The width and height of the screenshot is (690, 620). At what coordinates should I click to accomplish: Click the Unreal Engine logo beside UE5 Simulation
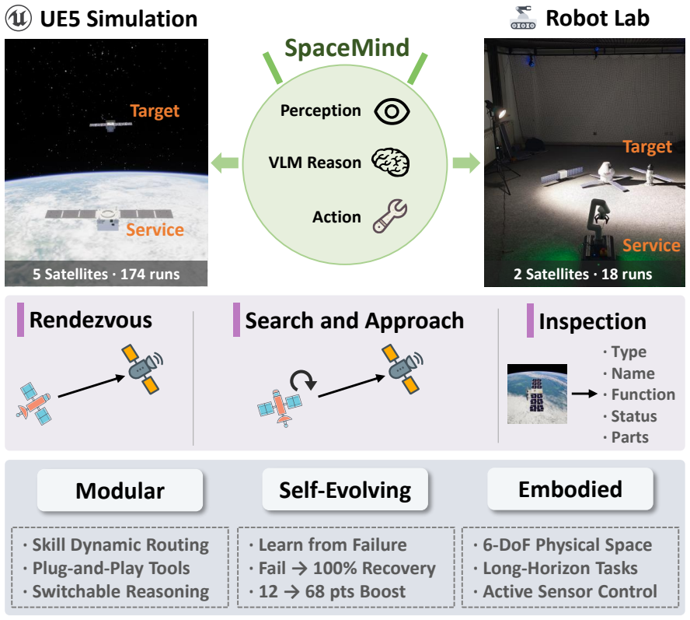click(19, 18)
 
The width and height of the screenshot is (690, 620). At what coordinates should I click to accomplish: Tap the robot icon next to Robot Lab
click(523, 18)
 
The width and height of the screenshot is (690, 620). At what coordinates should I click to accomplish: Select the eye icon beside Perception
click(392, 111)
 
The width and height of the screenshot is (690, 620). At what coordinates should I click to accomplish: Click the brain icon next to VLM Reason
click(390, 163)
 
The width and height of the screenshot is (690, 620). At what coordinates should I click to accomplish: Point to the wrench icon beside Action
click(390, 215)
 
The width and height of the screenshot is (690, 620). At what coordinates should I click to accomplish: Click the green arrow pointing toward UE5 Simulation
click(225, 163)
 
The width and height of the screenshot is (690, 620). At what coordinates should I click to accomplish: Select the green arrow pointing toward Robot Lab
click(466, 163)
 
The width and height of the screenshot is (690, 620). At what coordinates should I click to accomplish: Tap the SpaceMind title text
click(347, 47)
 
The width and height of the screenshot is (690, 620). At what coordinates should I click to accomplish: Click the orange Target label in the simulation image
click(155, 111)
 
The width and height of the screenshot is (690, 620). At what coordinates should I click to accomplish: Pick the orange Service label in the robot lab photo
click(651, 246)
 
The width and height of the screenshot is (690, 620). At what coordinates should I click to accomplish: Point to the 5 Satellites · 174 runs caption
click(106, 274)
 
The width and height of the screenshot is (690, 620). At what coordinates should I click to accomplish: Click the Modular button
click(120, 490)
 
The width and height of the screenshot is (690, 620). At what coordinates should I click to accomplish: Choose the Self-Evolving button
click(345, 489)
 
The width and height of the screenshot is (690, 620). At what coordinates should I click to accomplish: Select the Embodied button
click(570, 489)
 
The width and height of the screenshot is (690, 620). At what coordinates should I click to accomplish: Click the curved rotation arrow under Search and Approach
click(304, 380)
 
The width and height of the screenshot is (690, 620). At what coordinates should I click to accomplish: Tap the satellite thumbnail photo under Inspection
click(537, 394)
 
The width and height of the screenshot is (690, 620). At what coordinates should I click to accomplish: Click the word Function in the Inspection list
click(643, 394)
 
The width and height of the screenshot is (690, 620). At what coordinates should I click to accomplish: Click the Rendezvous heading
click(91, 320)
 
